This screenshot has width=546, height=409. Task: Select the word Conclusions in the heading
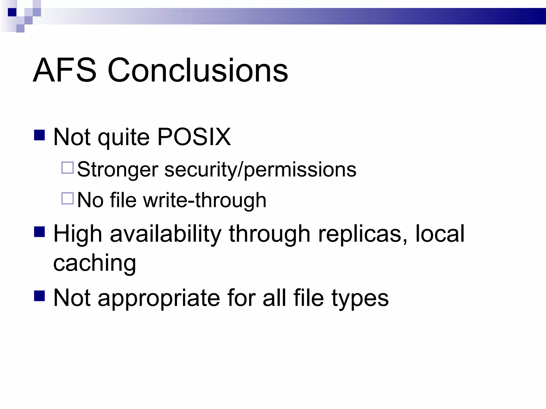pyautogui.click(x=198, y=71)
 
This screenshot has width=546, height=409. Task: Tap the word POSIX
pyautogui.click(x=194, y=137)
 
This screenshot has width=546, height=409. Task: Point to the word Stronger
pyautogui.click(x=118, y=170)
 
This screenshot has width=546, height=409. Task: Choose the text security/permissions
pyautogui.click(x=260, y=170)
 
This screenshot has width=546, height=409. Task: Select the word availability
pyautogui.click(x=166, y=234)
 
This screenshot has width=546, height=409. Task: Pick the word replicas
pyautogui.click(x=363, y=234)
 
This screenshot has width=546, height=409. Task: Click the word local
pyautogui.click(x=440, y=234)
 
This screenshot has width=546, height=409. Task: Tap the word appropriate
pyautogui.click(x=159, y=298)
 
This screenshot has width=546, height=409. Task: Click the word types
pyautogui.click(x=360, y=298)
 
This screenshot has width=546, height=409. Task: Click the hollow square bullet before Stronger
pyautogui.click(x=67, y=168)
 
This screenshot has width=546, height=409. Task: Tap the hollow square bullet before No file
pyautogui.click(x=67, y=198)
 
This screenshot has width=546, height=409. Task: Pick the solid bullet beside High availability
pyautogui.click(x=39, y=232)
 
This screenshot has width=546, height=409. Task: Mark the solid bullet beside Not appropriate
pyautogui.click(x=39, y=296)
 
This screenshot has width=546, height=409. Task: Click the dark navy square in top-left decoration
pyautogui.click(x=12, y=12)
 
